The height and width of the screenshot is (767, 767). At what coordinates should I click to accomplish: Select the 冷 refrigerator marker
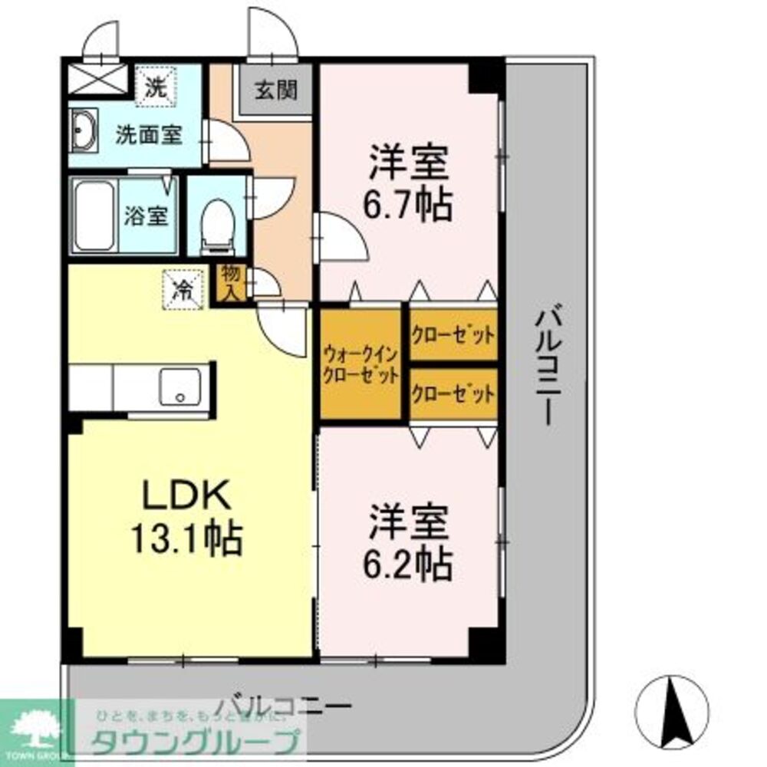pyautogui.click(x=184, y=288)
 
